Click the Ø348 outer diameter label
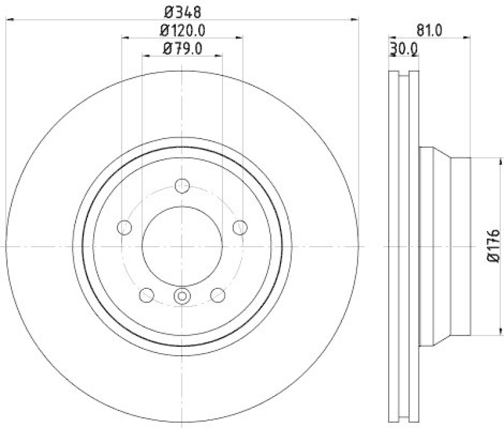click(x=181, y=11)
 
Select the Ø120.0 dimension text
click(x=182, y=29)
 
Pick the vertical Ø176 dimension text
click(x=493, y=246)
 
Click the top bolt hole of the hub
click(x=182, y=186)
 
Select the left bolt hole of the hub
click(x=125, y=227)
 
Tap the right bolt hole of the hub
click(x=239, y=227)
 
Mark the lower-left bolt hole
click(x=147, y=294)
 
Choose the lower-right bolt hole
click(x=217, y=294)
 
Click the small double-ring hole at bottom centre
click(x=182, y=295)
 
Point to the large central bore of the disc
click(x=182, y=246)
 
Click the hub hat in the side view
click(x=444, y=246)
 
